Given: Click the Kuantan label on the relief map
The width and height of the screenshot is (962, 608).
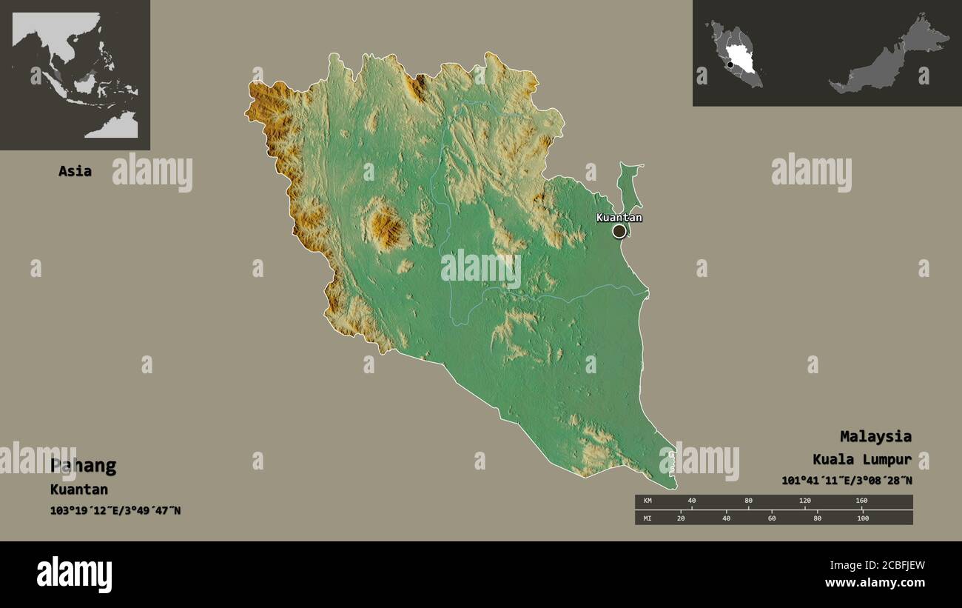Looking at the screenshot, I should click(x=619, y=218).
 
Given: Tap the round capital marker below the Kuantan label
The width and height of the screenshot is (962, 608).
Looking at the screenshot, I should click(x=619, y=231).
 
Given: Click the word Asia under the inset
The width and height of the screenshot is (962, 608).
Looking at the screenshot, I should click(x=75, y=171).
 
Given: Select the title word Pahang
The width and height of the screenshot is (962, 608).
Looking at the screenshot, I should click(x=83, y=466).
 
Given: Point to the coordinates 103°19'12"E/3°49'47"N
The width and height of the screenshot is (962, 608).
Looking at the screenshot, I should click(x=115, y=510).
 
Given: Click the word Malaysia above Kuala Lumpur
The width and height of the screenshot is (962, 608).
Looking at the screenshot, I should click(x=875, y=436).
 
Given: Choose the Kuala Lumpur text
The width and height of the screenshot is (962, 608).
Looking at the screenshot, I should click(x=862, y=459).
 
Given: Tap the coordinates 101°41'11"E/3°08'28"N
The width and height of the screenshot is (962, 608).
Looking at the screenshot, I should click(x=847, y=481).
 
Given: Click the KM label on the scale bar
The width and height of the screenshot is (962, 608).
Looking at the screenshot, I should click(x=647, y=501).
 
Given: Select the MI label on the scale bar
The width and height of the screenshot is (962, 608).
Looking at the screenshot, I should click(x=647, y=518).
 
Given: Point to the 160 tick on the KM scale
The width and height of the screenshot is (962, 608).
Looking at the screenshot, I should click(x=861, y=501).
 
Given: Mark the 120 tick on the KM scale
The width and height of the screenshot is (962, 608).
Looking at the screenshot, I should click(x=805, y=501).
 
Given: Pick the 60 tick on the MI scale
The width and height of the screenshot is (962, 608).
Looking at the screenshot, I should click(x=772, y=518).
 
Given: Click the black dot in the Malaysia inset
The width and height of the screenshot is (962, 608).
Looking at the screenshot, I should click(x=730, y=65).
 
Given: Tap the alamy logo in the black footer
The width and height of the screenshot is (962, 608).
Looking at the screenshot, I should click(x=75, y=575).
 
